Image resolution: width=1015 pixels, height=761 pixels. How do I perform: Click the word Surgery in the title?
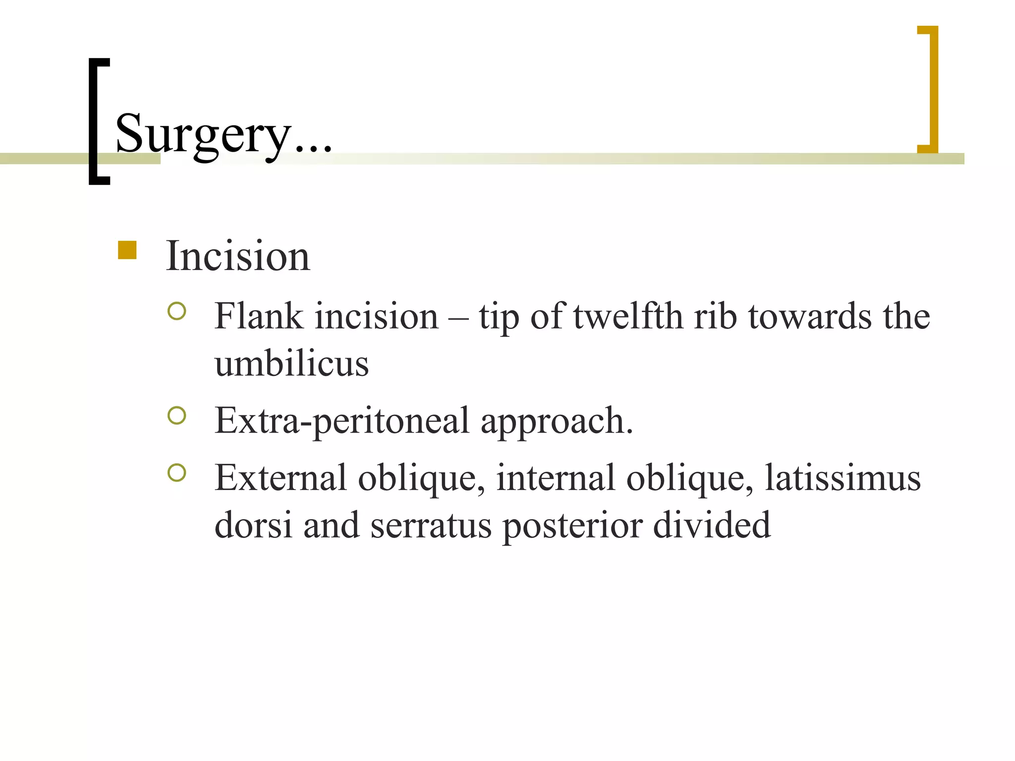click(x=203, y=134)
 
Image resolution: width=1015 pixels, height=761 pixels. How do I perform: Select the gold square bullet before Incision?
click(x=127, y=250)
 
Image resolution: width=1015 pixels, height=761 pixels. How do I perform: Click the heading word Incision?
click(x=238, y=256)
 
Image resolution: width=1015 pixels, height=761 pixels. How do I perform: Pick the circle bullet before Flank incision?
click(x=177, y=311)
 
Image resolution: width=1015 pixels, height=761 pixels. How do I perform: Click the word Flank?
click(x=258, y=316)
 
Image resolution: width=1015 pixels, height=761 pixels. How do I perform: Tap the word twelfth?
click(x=628, y=316)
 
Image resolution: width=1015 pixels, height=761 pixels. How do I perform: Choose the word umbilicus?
click(x=291, y=364)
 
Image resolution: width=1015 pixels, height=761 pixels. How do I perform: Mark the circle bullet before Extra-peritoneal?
click(x=177, y=416)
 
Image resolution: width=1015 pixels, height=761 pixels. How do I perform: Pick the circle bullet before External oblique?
click(x=177, y=473)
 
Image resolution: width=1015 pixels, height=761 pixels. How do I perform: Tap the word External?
click(x=281, y=478)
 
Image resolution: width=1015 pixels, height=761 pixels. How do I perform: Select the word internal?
click(x=555, y=478)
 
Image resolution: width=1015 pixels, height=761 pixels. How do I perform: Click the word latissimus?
click(x=843, y=478)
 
